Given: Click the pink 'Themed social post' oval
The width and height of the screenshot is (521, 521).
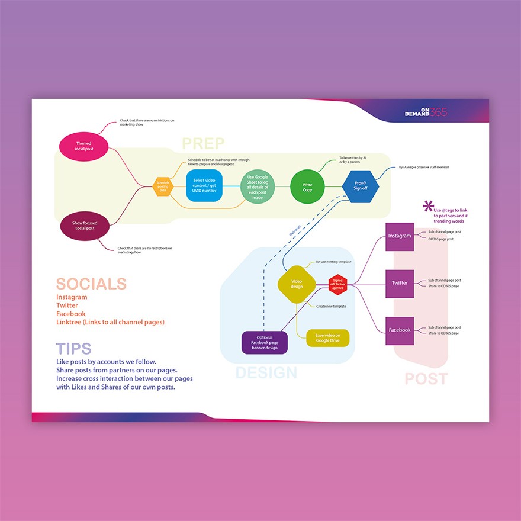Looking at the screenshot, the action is tap(84, 146).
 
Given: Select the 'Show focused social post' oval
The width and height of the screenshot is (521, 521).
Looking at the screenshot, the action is tap(86, 226).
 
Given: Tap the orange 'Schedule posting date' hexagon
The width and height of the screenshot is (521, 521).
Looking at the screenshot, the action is tap(163, 186).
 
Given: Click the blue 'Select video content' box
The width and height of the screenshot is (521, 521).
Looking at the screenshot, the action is tap(204, 186).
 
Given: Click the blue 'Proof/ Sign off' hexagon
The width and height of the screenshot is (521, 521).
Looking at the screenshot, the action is tap(360, 186).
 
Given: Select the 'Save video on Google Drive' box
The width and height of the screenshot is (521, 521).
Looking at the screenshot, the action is tap(327, 338).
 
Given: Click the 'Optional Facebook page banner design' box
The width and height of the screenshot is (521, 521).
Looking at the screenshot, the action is tap(265, 342).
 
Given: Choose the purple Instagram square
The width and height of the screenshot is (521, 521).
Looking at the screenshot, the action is tap(400, 236).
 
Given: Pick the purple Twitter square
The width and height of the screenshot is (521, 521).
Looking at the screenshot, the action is tap(400, 283).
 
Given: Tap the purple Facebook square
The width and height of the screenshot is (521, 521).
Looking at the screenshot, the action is tap(400, 330).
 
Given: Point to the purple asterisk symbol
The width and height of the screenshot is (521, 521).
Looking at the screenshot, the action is tap(428, 206).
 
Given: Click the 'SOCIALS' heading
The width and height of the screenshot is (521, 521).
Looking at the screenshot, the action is tap(91, 284).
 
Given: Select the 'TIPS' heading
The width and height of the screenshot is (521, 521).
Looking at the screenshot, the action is tap(74, 349).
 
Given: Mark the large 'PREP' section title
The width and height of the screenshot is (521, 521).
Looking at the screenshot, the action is tap(203, 144).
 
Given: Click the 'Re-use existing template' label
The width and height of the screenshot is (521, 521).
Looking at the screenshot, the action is tap(333, 261).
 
